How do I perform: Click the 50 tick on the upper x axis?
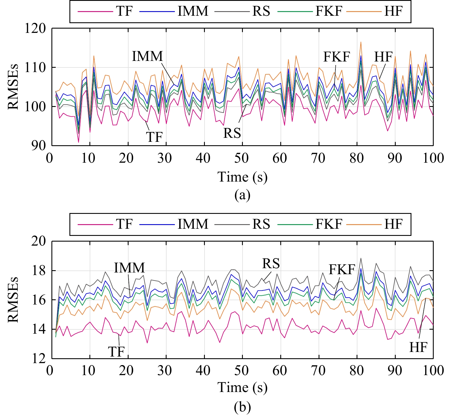click(x=242, y=158)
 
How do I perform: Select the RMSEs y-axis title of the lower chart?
click(x=13, y=300)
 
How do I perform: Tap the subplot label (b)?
click(x=242, y=407)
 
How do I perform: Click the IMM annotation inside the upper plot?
click(x=147, y=56)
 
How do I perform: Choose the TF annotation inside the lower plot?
click(x=116, y=351)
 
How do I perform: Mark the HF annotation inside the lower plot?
click(x=418, y=347)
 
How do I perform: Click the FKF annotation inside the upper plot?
click(x=337, y=57)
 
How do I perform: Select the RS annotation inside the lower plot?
click(x=271, y=264)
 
